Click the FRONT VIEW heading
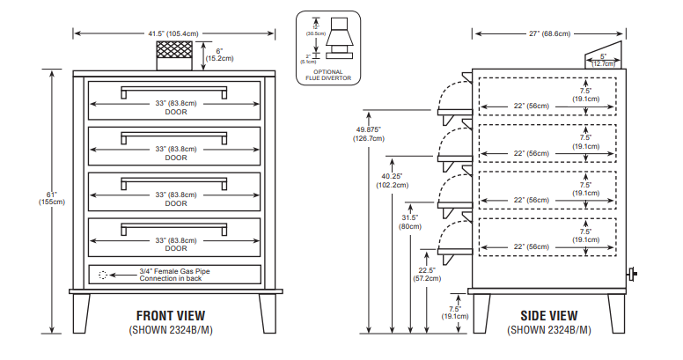(x=171, y=315)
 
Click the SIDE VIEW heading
(x=548, y=315)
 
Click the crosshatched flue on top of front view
(x=174, y=54)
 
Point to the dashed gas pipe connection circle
(x=103, y=275)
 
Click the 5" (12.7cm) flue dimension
(x=603, y=60)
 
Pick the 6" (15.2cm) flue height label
(x=224, y=55)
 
